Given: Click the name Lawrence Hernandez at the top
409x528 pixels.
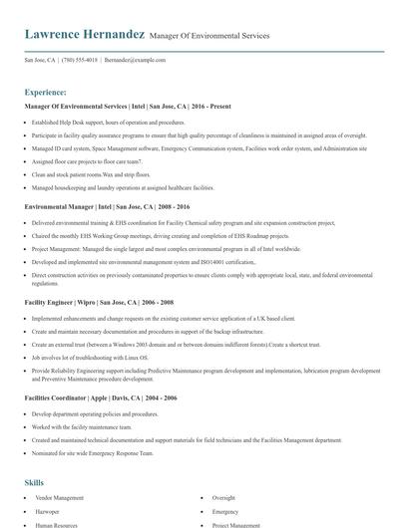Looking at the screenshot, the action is (x=85, y=34).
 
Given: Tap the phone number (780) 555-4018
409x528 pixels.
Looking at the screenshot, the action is (x=80, y=60).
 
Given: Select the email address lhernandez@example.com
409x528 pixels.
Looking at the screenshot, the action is (x=135, y=60).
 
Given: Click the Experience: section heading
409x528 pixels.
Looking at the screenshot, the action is (x=46, y=91).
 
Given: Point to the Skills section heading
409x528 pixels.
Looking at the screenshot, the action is (x=35, y=481).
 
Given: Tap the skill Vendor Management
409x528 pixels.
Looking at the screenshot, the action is (x=60, y=497).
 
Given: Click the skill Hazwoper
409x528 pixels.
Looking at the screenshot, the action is (x=49, y=510).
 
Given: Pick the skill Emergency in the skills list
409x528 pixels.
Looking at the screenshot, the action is (x=225, y=510).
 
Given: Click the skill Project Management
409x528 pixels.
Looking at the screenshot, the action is (x=236, y=523).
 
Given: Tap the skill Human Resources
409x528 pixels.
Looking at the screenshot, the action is (x=57, y=523).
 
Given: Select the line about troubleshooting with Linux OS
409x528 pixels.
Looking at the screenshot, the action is (x=89, y=356).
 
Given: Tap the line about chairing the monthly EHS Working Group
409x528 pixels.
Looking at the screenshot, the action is (x=130, y=236).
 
